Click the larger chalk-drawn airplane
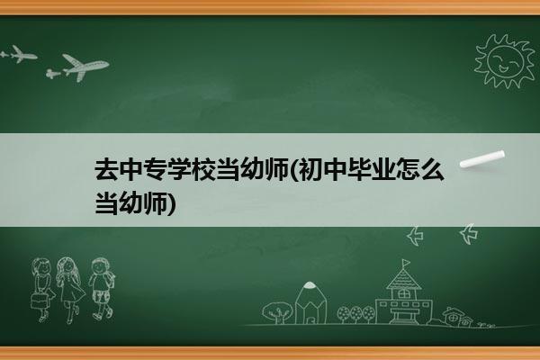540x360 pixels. [85, 67]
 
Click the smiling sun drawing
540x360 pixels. [505, 60]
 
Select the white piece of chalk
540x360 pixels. [482, 159]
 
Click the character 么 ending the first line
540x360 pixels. [433, 169]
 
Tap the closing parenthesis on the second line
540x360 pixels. [171, 203]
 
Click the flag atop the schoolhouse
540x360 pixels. [406, 263]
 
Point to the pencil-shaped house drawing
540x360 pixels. [310, 302]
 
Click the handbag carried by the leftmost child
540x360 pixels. [39, 301]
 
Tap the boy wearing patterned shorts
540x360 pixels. [102, 289]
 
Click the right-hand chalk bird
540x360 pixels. [469, 234]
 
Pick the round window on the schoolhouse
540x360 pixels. [403, 293]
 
